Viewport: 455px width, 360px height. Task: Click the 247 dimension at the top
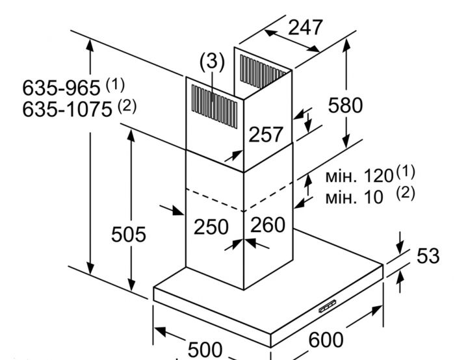coord(305,27)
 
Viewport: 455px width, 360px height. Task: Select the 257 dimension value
coord(266,135)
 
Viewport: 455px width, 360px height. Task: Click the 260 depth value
coord(268,225)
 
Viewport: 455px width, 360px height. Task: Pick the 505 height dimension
coord(128,234)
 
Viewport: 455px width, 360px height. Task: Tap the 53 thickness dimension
coord(428,255)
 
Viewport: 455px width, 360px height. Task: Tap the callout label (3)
coord(211,62)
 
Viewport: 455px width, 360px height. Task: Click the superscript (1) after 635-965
coord(114,84)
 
